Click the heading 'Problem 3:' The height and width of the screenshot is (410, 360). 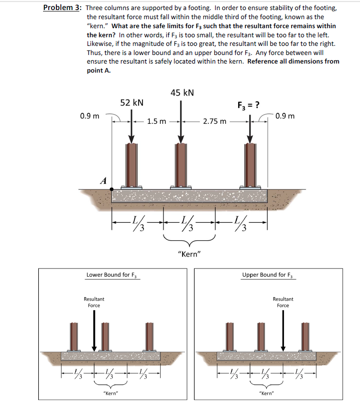click(61, 8)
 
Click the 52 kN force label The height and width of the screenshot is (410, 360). click(132, 102)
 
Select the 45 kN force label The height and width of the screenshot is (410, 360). click(182, 92)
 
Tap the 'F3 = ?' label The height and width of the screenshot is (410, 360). click(249, 105)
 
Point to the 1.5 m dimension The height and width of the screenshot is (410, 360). click(157, 121)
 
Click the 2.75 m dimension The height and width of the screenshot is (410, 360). click(215, 121)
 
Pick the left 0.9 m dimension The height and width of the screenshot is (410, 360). click(90, 116)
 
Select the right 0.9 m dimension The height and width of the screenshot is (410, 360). click(285, 116)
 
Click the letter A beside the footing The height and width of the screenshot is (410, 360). click(102, 180)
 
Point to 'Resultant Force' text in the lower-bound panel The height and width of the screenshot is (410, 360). click(94, 302)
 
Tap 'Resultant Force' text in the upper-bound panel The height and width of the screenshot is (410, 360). click(283, 302)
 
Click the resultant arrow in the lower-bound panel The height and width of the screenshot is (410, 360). click(94, 330)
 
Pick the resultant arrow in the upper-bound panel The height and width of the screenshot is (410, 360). click(283, 330)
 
